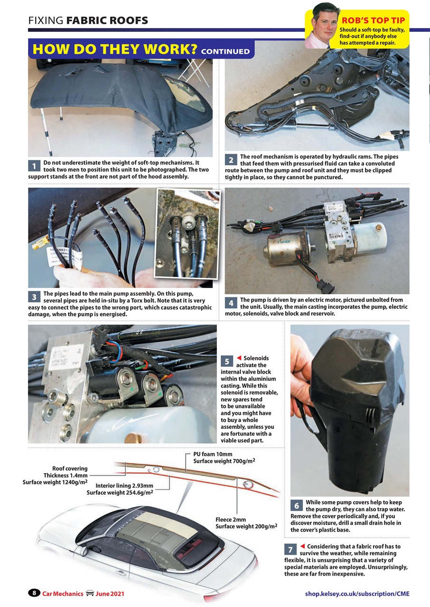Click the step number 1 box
pos(34,166)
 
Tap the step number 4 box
pos(231,303)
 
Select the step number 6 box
pos(297,506)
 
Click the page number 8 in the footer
pos(34,593)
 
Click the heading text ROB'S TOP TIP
pos(373,20)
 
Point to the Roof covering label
pos(70,468)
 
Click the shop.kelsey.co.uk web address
pos(357,593)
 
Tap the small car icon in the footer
pos(89,593)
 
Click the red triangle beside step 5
pos(239,358)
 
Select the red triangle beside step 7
pos(302,546)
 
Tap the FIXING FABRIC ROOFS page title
pos(88,20)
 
